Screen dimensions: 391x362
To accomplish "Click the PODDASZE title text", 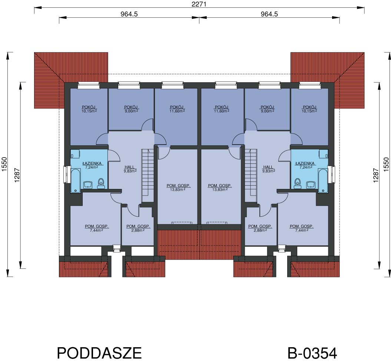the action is pos(99,352).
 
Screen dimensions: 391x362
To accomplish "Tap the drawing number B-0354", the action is pos(312,353).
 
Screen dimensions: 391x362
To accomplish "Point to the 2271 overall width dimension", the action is pos(199,4).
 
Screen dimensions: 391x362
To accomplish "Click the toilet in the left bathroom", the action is pos(101,183).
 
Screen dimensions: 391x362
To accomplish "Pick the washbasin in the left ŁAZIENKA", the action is pos(88,185).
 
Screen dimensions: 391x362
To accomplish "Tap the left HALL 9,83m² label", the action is pos(130,169).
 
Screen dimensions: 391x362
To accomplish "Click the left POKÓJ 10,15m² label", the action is pos(89,109).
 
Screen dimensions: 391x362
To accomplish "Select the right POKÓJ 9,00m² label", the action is pos(267,109).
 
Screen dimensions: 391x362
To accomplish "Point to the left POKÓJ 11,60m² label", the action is pos(177,109).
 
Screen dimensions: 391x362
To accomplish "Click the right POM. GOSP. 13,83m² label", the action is pos(219,187).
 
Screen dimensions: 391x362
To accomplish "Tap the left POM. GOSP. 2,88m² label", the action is pos(138,228).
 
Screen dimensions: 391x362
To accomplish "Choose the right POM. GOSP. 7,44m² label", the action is pos(301,228).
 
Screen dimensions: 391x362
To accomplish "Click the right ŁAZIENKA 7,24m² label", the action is pos(305,165).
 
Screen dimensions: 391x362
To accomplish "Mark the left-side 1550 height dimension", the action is pos(4,164).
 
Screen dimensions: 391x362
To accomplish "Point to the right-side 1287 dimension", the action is pos(376,175).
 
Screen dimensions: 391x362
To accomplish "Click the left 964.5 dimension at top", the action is pos(129,14).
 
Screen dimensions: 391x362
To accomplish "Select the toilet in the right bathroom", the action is pos(298,183).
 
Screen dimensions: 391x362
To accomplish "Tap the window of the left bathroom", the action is pos(66,175).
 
